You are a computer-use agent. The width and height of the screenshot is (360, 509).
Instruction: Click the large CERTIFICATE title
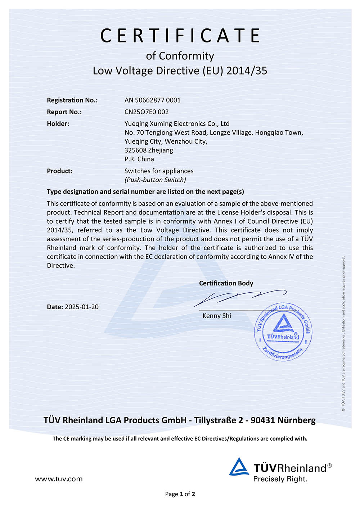coord(180,35)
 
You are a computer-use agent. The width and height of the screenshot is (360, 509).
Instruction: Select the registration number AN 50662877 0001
coord(152,100)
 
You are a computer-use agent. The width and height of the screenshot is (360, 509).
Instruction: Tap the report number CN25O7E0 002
coord(147,112)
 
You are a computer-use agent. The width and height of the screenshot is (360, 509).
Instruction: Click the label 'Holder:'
coord(58,123)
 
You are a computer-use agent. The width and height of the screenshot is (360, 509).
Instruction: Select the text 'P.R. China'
coord(139,159)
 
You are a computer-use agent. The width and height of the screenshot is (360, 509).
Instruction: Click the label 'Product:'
coord(59,171)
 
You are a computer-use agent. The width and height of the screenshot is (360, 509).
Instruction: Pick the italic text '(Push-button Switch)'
coord(155,180)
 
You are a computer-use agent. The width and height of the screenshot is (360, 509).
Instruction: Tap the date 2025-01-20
coord(82,307)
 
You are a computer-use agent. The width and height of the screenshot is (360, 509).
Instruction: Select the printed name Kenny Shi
coord(217,316)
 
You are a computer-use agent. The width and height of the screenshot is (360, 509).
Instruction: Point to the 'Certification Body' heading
coord(226,283)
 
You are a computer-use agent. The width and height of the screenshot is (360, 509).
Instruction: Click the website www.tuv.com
coord(59,479)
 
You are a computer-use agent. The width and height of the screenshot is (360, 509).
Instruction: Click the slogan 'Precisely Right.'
coord(280,479)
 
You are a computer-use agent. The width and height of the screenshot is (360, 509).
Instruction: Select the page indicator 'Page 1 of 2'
coord(180,494)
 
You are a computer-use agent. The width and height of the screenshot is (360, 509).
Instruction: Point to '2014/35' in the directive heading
coord(247,71)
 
